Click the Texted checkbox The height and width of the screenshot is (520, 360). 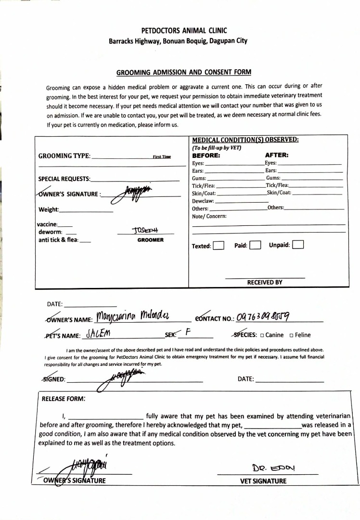tap(219, 246)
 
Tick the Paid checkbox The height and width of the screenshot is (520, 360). tap(255, 246)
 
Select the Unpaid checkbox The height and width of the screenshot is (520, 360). tap(298, 245)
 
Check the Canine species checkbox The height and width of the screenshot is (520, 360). tap(262, 335)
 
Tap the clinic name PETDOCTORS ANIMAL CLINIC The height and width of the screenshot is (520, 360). tap(178, 31)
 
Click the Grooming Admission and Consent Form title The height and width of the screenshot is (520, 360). tap(184, 72)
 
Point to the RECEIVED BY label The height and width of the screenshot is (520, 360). tap(265, 283)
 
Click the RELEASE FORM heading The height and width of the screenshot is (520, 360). tap(64, 399)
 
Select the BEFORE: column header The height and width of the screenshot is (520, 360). tap(206, 156)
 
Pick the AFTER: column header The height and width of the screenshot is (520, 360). tap(277, 156)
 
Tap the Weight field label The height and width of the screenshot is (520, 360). tap(49, 209)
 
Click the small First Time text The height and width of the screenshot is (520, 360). tap(162, 157)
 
